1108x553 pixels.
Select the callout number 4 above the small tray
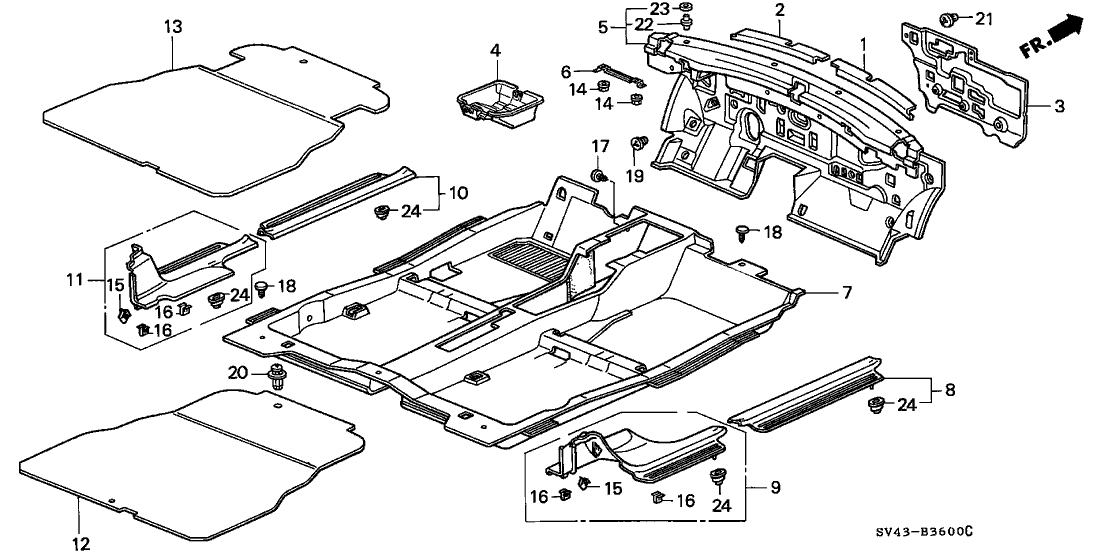tap(494, 50)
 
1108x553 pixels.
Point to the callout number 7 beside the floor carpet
tap(846, 292)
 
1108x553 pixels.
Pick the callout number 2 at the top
tap(779, 10)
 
